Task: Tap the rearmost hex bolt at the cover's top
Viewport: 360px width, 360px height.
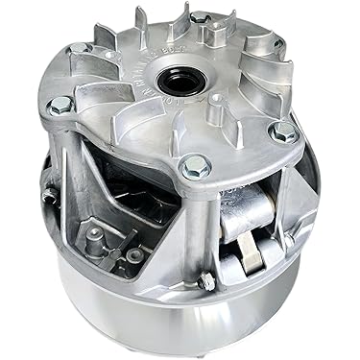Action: [200, 18]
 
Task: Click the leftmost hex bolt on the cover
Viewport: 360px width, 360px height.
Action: [60, 104]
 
